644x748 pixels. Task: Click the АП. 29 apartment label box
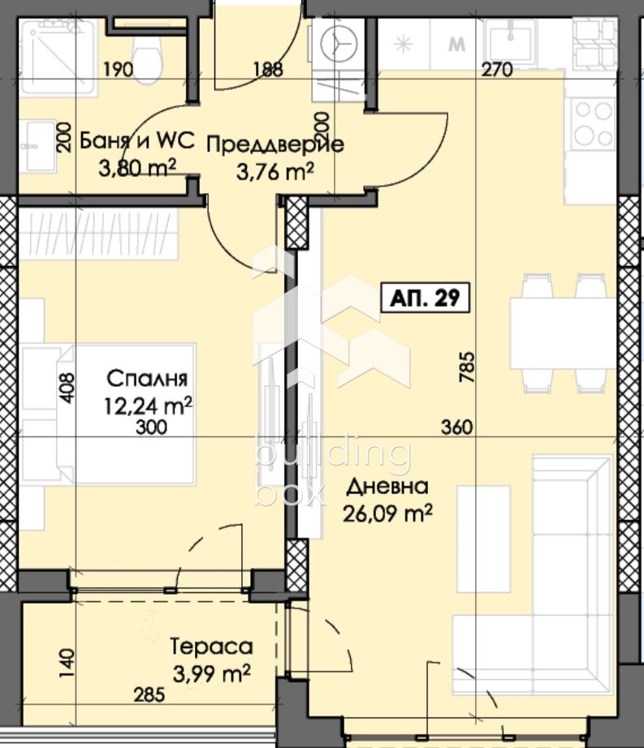coord(425,298)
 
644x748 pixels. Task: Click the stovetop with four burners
coord(594,124)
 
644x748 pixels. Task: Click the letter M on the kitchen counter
coord(457,45)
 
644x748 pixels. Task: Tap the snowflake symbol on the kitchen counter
coord(404,45)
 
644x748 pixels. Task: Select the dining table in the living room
coord(563,333)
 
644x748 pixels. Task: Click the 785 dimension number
coord(467,367)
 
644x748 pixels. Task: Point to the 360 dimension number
coord(457,427)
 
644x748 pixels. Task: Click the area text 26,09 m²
coord(387,514)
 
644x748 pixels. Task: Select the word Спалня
coord(147,379)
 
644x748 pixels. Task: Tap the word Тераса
coord(211,647)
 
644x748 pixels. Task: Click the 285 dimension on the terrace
coord(149,695)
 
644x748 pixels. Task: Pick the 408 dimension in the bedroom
coord(67,387)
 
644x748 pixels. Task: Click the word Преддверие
coord(275,144)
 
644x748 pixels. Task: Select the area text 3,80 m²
coord(137,168)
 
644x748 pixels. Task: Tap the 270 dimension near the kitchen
coord(497,70)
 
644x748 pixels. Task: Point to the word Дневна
coord(387,487)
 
